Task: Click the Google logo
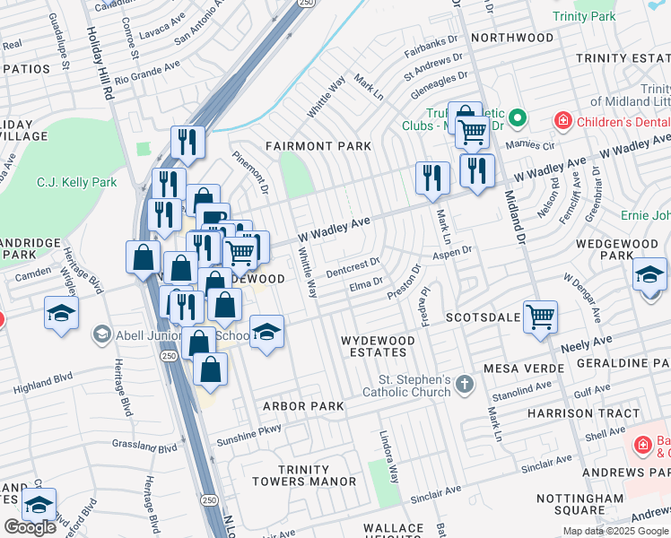click(x=30, y=527)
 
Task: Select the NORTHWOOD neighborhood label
click(x=512, y=38)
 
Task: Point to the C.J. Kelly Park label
click(x=76, y=182)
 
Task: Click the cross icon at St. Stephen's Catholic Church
click(x=464, y=385)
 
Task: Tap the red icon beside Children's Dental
click(x=562, y=120)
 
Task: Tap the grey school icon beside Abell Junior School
click(x=101, y=335)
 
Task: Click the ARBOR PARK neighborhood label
click(x=303, y=406)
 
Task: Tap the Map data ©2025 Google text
click(x=615, y=530)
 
